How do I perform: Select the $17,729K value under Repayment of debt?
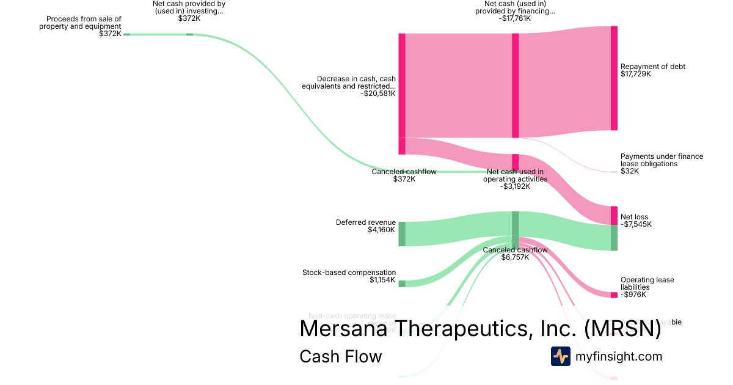tap(635, 74)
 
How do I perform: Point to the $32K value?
tap(629, 171)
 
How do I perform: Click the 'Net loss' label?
tap(634, 217)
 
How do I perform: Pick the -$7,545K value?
tap(636, 224)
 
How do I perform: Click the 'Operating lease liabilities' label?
tap(647, 284)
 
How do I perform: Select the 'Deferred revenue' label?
tap(366, 222)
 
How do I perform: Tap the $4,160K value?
tap(381, 230)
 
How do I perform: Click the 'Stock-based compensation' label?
tap(349, 273)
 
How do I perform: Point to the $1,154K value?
tap(382, 280)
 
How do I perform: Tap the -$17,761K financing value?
tap(515, 18)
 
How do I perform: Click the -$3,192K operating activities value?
tap(515, 186)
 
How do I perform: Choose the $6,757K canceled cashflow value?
tap(515, 257)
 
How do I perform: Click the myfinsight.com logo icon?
tap(560, 356)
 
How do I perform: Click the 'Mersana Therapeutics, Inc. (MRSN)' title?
tap(480, 328)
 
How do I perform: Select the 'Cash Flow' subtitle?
tap(340, 356)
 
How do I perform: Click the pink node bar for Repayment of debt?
tap(614, 78)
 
